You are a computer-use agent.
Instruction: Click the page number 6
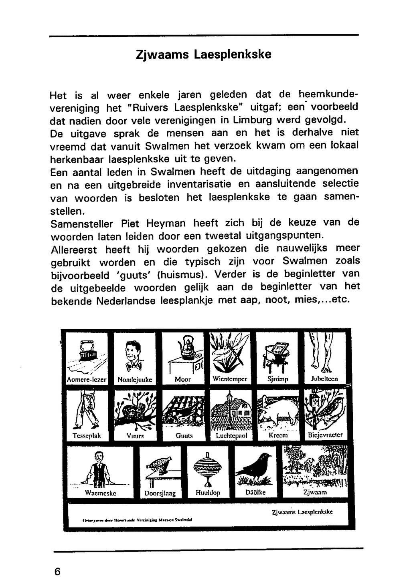pos(57,572)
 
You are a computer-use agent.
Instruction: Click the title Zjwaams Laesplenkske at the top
pos(204,54)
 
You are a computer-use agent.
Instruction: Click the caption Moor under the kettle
pos(183,379)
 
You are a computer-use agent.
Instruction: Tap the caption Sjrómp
pos(277,379)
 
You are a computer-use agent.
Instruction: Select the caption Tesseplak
pos(87,435)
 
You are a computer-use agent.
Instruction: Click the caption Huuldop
pos(208,493)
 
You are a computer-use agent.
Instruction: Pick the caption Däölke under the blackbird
pos(255,492)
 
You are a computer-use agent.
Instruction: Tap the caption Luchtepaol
pos(231,435)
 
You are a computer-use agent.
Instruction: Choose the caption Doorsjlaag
pos(160,493)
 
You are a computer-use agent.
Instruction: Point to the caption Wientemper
pos(230,379)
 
